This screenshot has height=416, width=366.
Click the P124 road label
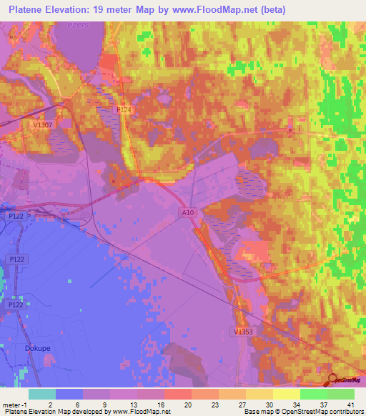pyautogui.click(x=124, y=110)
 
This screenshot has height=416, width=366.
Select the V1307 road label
pyautogui.click(x=42, y=124)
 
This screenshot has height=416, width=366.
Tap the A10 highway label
pyautogui.click(x=186, y=212)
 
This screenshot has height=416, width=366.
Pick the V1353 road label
pyautogui.click(x=244, y=331)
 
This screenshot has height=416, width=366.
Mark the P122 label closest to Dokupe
pyautogui.click(x=16, y=304)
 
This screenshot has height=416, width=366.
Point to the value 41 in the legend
pyautogui.click(x=349, y=404)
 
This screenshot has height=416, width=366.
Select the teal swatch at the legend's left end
pyautogui.click(x=42, y=394)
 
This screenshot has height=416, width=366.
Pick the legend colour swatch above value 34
pyautogui.click(x=287, y=394)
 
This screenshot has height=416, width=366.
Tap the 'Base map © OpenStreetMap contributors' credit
pyautogui.click(x=302, y=412)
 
